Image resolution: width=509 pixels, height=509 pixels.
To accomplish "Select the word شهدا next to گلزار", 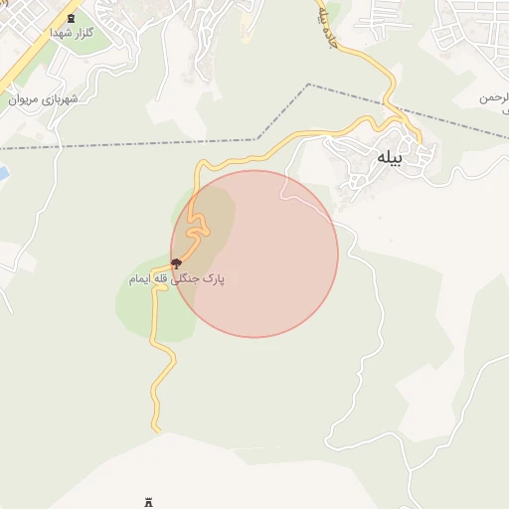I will point(61,32).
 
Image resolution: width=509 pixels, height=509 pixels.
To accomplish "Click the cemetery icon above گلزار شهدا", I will point(71,18).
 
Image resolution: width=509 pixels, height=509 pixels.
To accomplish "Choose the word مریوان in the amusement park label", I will point(25,99).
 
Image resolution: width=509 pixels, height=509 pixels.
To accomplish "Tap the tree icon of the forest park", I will point(176,263).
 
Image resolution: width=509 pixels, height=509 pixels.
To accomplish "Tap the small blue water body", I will point(3,174).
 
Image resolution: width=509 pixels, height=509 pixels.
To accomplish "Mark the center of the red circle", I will point(254,254).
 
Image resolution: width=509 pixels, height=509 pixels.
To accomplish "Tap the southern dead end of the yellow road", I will point(156,429).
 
